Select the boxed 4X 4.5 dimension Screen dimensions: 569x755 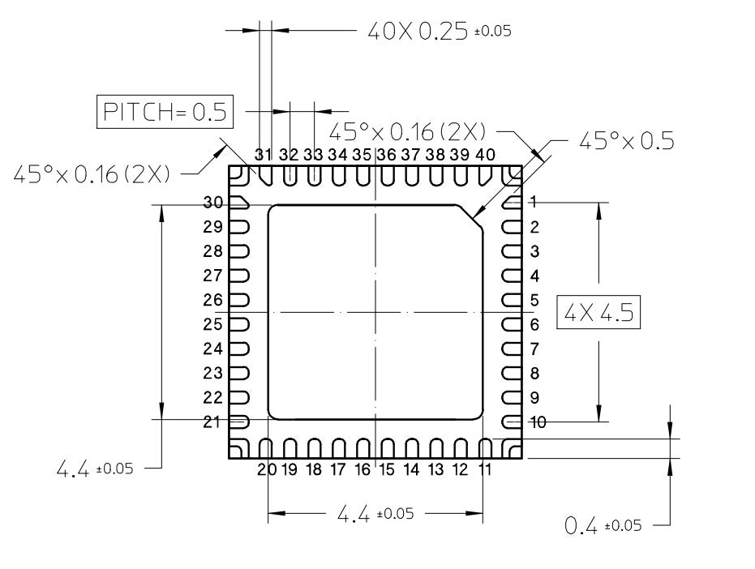coord(598,313)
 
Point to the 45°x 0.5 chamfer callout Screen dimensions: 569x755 coord(625,140)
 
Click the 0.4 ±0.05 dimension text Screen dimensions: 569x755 coord(602,525)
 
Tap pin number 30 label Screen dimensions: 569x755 coord(213,203)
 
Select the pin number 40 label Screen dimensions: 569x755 coord(485,154)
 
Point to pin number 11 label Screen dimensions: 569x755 coord(485,469)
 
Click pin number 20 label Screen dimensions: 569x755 coord(264,469)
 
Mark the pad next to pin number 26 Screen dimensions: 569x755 coord(240,300)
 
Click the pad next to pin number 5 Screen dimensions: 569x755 coord(512,300)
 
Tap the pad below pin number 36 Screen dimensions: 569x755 coord(388,175)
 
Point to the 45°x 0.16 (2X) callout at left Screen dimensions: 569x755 coord(92,173)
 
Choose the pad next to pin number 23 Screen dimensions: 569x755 coord(240,374)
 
